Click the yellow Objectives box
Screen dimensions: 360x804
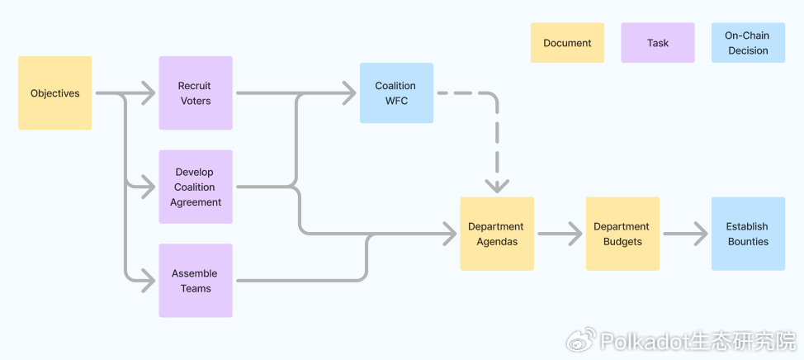click(x=54, y=93)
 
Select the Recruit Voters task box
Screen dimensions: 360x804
click(x=196, y=93)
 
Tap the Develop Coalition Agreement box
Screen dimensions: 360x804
click(x=196, y=187)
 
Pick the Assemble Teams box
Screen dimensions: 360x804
click(x=196, y=281)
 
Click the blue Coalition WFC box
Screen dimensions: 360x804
click(x=396, y=93)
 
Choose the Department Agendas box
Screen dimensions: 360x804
click(x=497, y=234)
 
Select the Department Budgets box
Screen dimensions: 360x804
click(x=622, y=234)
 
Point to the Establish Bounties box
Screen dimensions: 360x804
click(x=748, y=234)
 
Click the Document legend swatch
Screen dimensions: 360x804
click(x=567, y=43)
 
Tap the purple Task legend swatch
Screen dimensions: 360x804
click(x=658, y=43)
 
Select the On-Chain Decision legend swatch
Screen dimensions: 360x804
click(x=748, y=43)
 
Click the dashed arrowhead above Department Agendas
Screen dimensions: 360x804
click(x=497, y=185)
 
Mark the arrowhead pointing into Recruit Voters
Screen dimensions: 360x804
click(x=148, y=93)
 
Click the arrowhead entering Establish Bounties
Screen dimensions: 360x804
click(x=701, y=234)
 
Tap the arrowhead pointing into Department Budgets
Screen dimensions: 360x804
click(x=575, y=234)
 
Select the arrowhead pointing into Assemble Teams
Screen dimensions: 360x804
click(x=148, y=281)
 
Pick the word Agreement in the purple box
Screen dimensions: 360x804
click(x=196, y=202)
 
